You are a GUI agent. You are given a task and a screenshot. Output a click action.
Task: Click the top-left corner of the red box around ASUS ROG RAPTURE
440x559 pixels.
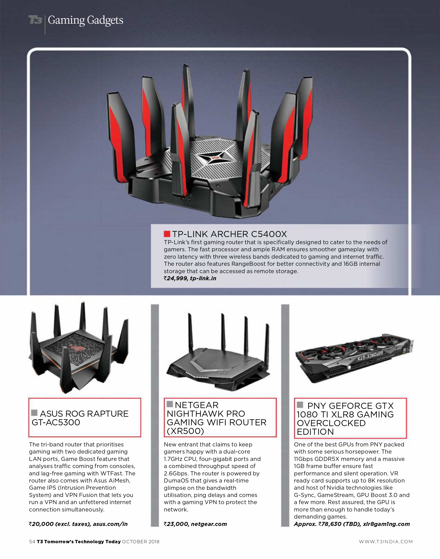(x=29, y=398)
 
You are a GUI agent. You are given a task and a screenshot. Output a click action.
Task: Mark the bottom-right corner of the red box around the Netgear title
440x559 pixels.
(x=276, y=437)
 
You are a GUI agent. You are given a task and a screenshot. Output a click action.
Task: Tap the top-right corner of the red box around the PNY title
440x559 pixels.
(x=406, y=398)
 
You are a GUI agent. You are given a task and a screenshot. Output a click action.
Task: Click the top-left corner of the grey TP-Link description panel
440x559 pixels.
(x=151, y=224)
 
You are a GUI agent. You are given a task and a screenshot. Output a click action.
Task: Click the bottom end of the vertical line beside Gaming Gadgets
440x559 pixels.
(x=45, y=34)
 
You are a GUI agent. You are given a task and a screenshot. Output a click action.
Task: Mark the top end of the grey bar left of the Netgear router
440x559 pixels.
(x=155, y=304)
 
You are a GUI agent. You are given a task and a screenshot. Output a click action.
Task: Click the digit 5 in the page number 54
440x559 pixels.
(x=30, y=541)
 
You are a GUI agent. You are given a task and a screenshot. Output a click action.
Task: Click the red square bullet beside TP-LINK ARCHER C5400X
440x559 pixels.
(x=167, y=234)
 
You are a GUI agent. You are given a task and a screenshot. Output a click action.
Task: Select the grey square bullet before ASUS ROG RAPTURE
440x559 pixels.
(x=34, y=413)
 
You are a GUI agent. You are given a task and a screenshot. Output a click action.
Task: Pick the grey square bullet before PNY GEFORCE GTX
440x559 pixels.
(x=300, y=405)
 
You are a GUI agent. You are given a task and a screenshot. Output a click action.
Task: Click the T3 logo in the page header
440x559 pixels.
(x=35, y=20)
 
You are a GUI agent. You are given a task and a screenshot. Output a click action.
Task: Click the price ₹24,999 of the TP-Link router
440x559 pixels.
(x=176, y=278)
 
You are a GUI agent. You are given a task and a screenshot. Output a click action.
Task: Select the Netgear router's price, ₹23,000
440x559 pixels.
(x=176, y=524)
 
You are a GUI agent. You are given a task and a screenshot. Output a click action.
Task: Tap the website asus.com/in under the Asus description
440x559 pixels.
(x=110, y=524)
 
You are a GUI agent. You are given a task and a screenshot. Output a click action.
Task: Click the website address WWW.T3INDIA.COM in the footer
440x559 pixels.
(x=386, y=542)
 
